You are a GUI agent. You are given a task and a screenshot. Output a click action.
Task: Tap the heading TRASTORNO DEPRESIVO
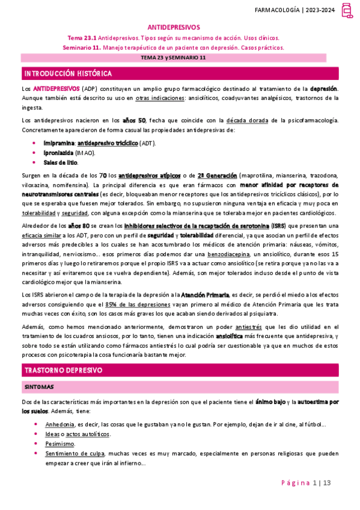[63, 369]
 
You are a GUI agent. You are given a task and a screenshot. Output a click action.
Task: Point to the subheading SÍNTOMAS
[39, 387]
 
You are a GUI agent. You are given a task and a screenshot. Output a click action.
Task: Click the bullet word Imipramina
[59, 144]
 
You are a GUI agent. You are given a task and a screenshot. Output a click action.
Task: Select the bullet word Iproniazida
[59, 153]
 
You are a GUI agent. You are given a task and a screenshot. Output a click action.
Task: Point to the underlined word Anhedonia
[60, 424]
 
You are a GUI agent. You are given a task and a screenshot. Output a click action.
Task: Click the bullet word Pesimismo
[59, 443]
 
